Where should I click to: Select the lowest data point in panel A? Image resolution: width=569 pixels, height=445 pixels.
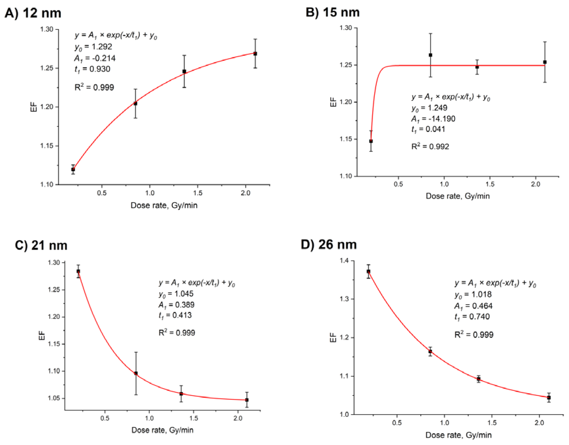coord(73,170)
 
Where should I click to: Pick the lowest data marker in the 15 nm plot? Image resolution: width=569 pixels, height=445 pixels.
coord(371,141)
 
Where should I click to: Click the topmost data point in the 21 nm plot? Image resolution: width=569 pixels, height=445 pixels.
coord(78,271)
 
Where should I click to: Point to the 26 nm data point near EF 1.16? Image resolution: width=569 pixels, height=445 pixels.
coord(430,352)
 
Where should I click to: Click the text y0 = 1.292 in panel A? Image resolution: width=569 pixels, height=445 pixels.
coord(93,47)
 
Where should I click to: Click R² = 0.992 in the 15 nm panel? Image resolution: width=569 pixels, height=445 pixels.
coord(430,146)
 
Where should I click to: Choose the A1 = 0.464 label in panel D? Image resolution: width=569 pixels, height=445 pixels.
coord(473,306)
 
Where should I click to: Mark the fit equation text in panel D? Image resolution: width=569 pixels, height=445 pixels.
coord(495,283)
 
